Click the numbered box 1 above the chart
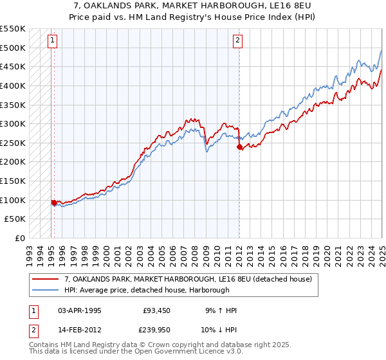52,40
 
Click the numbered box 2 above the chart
237,40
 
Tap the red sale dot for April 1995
54,203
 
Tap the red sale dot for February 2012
239,147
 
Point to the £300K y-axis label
13,123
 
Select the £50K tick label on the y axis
15,219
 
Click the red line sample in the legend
45,279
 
